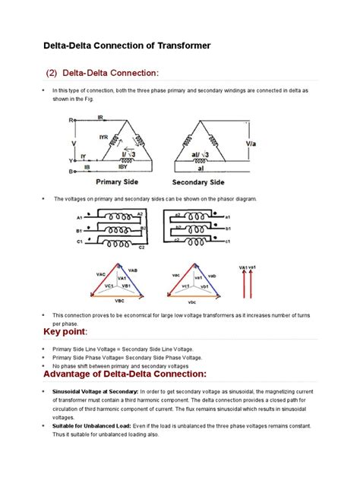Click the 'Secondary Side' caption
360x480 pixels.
point(198,183)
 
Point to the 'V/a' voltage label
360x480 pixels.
point(253,142)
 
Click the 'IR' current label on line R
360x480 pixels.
point(100,117)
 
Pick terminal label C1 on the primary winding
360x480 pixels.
point(78,241)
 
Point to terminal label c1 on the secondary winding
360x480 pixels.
point(228,241)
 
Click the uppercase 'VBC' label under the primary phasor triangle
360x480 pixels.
point(118,301)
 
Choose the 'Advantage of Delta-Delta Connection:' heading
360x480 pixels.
point(125,374)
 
